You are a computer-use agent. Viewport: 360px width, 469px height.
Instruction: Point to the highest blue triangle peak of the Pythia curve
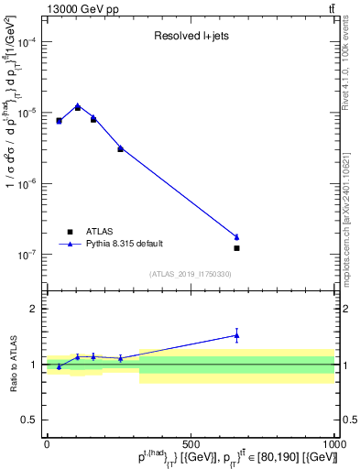[x=78, y=106]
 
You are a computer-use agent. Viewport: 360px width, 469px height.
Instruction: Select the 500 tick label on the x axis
[x=191, y=443]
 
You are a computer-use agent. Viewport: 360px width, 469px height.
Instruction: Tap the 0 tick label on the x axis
[x=47, y=443]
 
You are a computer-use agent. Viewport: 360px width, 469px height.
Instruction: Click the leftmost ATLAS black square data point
[x=60, y=121]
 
